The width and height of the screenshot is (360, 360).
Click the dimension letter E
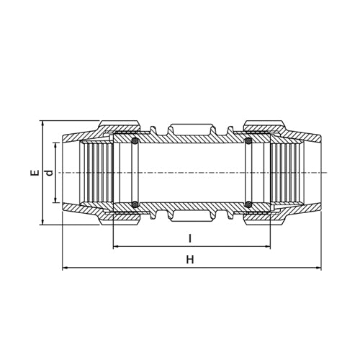[x=34, y=173]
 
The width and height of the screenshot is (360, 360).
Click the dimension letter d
[x=48, y=173]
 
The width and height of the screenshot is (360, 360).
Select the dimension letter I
[x=189, y=238]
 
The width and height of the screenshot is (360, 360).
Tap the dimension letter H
[x=190, y=259]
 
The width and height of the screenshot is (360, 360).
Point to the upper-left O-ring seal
[x=135, y=141]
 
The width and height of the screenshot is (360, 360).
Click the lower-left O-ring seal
[x=135, y=204]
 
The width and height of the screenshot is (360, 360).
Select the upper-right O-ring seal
[x=248, y=141]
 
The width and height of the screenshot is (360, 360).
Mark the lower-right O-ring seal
[x=248, y=204]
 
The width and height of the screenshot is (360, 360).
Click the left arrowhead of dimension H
[x=66, y=268]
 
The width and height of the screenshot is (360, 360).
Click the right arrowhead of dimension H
[x=318, y=268]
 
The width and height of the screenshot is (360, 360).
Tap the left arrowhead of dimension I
[x=116, y=247]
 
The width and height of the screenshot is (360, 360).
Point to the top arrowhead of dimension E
[x=42, y=123]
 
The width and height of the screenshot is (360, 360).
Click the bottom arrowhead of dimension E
[x=42, y=222]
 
